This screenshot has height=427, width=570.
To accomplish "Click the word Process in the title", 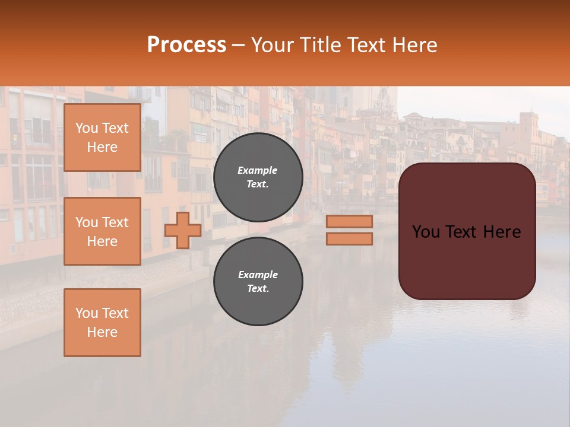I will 186,45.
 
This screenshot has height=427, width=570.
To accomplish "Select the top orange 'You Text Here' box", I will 102,138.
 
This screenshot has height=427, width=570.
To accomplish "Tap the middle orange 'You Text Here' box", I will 102,231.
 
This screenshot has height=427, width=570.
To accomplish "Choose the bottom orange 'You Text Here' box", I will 102,323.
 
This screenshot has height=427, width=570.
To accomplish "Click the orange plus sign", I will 182,230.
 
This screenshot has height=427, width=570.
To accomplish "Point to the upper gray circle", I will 258,177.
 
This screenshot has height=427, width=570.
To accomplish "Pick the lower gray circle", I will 258,281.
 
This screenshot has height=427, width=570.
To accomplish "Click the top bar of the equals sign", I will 349,221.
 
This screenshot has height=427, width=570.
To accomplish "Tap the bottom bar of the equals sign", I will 349,238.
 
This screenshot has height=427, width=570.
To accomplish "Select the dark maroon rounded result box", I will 467,261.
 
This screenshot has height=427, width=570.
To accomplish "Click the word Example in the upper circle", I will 258,170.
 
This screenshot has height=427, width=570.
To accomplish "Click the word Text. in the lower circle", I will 258,288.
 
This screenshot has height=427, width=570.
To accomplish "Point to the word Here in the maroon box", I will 502,231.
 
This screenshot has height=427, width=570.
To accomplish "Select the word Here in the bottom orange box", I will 102,332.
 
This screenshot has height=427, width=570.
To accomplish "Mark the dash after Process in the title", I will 239,45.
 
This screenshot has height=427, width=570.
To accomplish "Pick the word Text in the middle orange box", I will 116,222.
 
